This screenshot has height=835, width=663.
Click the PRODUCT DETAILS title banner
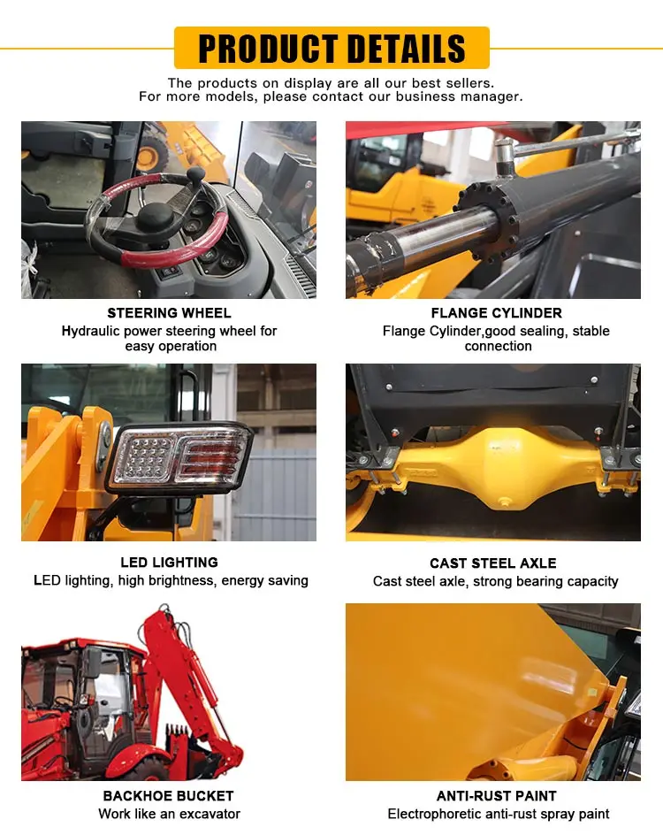331,48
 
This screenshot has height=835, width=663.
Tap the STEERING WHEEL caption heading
169,312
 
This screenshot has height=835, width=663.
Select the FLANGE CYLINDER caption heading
497,312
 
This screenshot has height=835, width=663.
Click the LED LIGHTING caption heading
169,563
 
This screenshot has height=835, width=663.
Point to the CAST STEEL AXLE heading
493,563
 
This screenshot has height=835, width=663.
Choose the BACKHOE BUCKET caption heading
168,795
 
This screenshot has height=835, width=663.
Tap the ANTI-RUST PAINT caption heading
497,795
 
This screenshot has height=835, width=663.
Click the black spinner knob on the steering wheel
195,174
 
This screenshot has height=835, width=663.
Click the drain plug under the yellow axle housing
504,502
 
